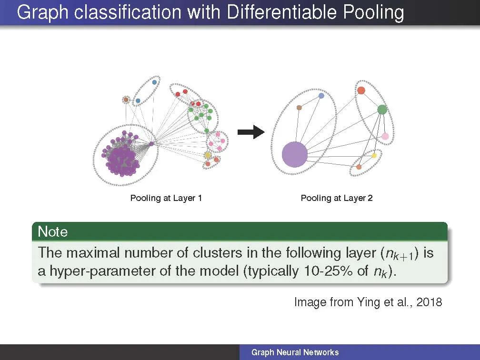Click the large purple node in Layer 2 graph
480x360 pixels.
pyautogui.click(x=295, y=154)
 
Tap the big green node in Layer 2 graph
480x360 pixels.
pyautogui.click(x=382, y=110)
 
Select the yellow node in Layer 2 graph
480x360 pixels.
pyautogui.click(x=374, y=156)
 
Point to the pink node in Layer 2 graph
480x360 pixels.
pyautogui.click(x=385, y=136)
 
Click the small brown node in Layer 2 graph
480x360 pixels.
pyautogui.click(x=299, y=108)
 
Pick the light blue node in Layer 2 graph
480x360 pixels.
pyautogui.click(x=321, y=96)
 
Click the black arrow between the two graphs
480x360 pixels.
pyautogui.click(x=251, y=131)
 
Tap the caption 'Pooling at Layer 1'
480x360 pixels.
pyautogui.click(x=166, y=198)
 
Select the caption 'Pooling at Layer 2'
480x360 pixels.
pyautogui.click(x=336, y=198)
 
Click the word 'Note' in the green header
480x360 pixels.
pyautogui.click(x=52, y=232)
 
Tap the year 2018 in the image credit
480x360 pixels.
pyautogui.click(x=429, y=302)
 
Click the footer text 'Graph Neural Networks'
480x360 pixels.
pyautogui.click(x=295, y=352)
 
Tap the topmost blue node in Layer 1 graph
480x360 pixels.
pyautogui.click(x=155, y=82)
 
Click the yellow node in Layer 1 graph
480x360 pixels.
pyautogui.click(x=208, y=155)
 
